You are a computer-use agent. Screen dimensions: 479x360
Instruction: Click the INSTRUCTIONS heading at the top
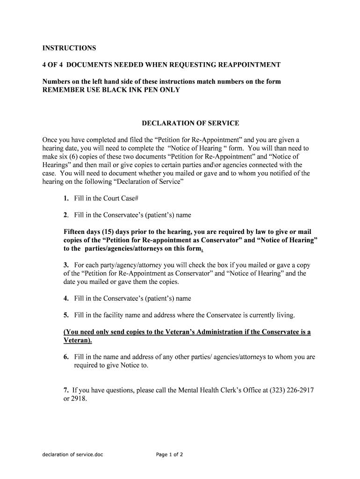69,48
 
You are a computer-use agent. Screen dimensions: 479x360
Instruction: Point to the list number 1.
66,198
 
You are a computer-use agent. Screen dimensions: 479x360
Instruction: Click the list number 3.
66,265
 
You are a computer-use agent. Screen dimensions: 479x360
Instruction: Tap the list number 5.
66,315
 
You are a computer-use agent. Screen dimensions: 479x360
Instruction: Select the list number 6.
66,357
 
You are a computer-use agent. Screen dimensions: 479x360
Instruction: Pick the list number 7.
66,390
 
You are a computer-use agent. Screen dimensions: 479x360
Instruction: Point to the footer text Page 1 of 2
170,454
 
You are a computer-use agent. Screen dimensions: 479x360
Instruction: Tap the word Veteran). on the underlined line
78,341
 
